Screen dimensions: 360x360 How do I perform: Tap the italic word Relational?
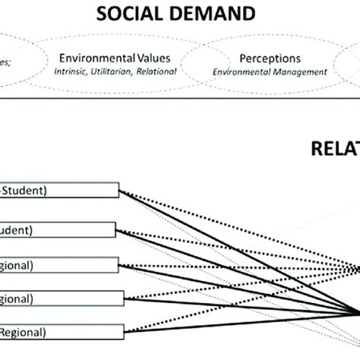[156, 72]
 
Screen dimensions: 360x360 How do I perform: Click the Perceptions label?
[270, 58]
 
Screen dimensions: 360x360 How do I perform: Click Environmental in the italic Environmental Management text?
[245, 72]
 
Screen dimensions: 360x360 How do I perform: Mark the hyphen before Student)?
[3, 190]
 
